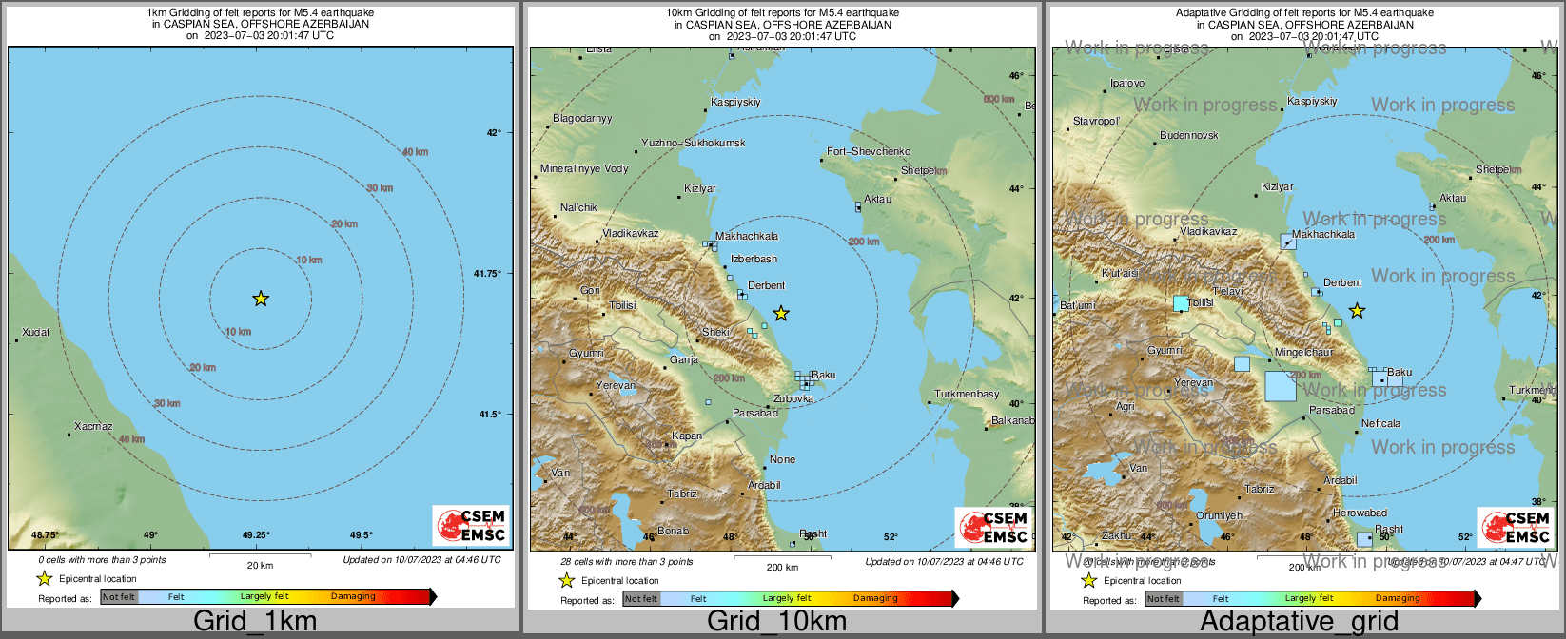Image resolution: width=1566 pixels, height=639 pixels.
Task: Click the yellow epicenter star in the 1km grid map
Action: click(261, 299)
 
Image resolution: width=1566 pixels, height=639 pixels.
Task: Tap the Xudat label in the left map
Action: click(36, 332)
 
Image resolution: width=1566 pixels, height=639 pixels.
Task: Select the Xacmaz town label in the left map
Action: click(93, 426)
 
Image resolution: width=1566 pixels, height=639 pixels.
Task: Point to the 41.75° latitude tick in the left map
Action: click(487, 274)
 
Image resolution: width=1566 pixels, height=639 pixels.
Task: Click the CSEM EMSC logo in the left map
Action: click(471, 526)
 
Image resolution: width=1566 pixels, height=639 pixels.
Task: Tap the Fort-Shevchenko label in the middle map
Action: click(868, 151)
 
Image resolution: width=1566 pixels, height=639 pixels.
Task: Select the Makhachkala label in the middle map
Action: click(747, 236)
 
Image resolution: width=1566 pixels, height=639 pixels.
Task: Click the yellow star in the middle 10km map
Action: click(781, 313)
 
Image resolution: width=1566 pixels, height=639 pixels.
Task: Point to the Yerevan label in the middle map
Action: click(615, 385)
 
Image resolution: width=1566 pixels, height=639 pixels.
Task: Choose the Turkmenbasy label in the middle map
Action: click(967, 394)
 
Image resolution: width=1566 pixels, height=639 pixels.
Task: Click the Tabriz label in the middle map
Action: click(682, 494)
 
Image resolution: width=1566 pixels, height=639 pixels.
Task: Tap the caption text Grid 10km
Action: click(776, 622)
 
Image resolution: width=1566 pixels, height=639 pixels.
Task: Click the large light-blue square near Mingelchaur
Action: click(1281, 386)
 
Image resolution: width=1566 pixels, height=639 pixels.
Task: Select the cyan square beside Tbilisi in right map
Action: click(1181, 303)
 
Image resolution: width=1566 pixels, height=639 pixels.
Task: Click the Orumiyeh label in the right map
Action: click(1219, 515)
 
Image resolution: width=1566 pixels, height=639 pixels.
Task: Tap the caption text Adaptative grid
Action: click(1299, 622)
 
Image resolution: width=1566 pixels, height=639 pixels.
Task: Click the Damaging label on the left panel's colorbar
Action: click(353, 596)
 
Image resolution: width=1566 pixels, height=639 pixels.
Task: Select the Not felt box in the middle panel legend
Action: click(640, 598)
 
